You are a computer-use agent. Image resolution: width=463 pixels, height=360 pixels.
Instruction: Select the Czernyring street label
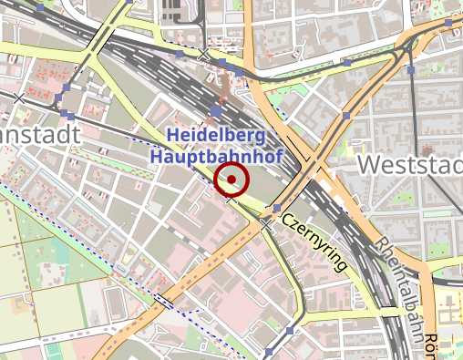314,242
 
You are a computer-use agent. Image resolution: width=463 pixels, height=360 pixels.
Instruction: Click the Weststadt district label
410,165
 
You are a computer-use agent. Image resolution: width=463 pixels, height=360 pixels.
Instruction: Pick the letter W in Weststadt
370,165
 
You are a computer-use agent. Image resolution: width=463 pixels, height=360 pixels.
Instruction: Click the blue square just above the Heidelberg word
216,110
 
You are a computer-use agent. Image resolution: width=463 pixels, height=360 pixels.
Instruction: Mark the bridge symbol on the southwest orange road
164,299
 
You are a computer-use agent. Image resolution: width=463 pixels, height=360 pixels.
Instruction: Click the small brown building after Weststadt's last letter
427,151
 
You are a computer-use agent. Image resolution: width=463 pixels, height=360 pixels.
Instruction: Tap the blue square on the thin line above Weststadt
411,70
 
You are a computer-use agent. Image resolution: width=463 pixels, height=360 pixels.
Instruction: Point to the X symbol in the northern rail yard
204,57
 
